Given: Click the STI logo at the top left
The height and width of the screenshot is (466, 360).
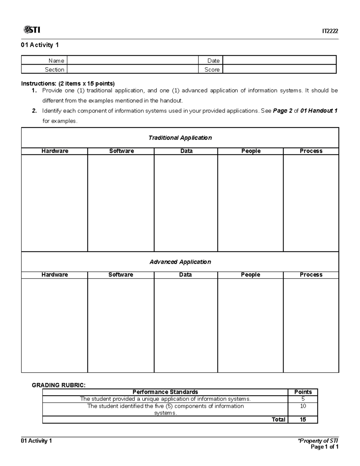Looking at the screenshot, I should click(31, 30).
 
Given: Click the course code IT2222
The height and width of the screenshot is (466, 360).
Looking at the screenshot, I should click(330, 31).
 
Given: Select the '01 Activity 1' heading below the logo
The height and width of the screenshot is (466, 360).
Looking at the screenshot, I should click(40, 45).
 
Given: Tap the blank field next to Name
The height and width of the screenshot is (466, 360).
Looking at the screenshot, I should click(133, 60).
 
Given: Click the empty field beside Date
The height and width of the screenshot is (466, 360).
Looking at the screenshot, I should click(279, 60).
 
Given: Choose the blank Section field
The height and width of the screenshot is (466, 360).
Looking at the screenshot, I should click(133, 69).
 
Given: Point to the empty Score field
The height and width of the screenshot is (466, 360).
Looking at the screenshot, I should click(279, 69).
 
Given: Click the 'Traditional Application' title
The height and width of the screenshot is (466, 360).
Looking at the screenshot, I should click(180, 138).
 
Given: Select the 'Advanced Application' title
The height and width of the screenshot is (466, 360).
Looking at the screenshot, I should click(180, 262).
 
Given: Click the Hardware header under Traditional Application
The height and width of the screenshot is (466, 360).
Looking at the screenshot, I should click(55, 151).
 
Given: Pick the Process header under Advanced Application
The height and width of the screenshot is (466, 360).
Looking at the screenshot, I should click(311, 275).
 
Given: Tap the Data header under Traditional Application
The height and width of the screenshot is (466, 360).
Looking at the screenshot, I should click(186, 151).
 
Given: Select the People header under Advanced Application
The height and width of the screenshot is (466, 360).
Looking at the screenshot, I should click(250, 275).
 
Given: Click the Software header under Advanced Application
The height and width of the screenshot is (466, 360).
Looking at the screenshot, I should click(121, 275).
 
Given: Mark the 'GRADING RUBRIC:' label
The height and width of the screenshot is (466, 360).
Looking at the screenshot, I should click(58, 385).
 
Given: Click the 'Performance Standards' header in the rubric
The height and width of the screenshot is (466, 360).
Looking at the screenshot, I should click(165, 392).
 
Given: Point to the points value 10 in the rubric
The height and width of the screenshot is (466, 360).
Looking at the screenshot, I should click(303, 406).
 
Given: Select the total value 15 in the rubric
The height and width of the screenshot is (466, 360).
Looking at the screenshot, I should click(303, 419).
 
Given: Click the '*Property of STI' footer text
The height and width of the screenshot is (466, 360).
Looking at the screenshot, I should click(317, 441).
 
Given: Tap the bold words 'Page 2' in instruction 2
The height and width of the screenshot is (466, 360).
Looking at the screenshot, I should click(282, 111).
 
